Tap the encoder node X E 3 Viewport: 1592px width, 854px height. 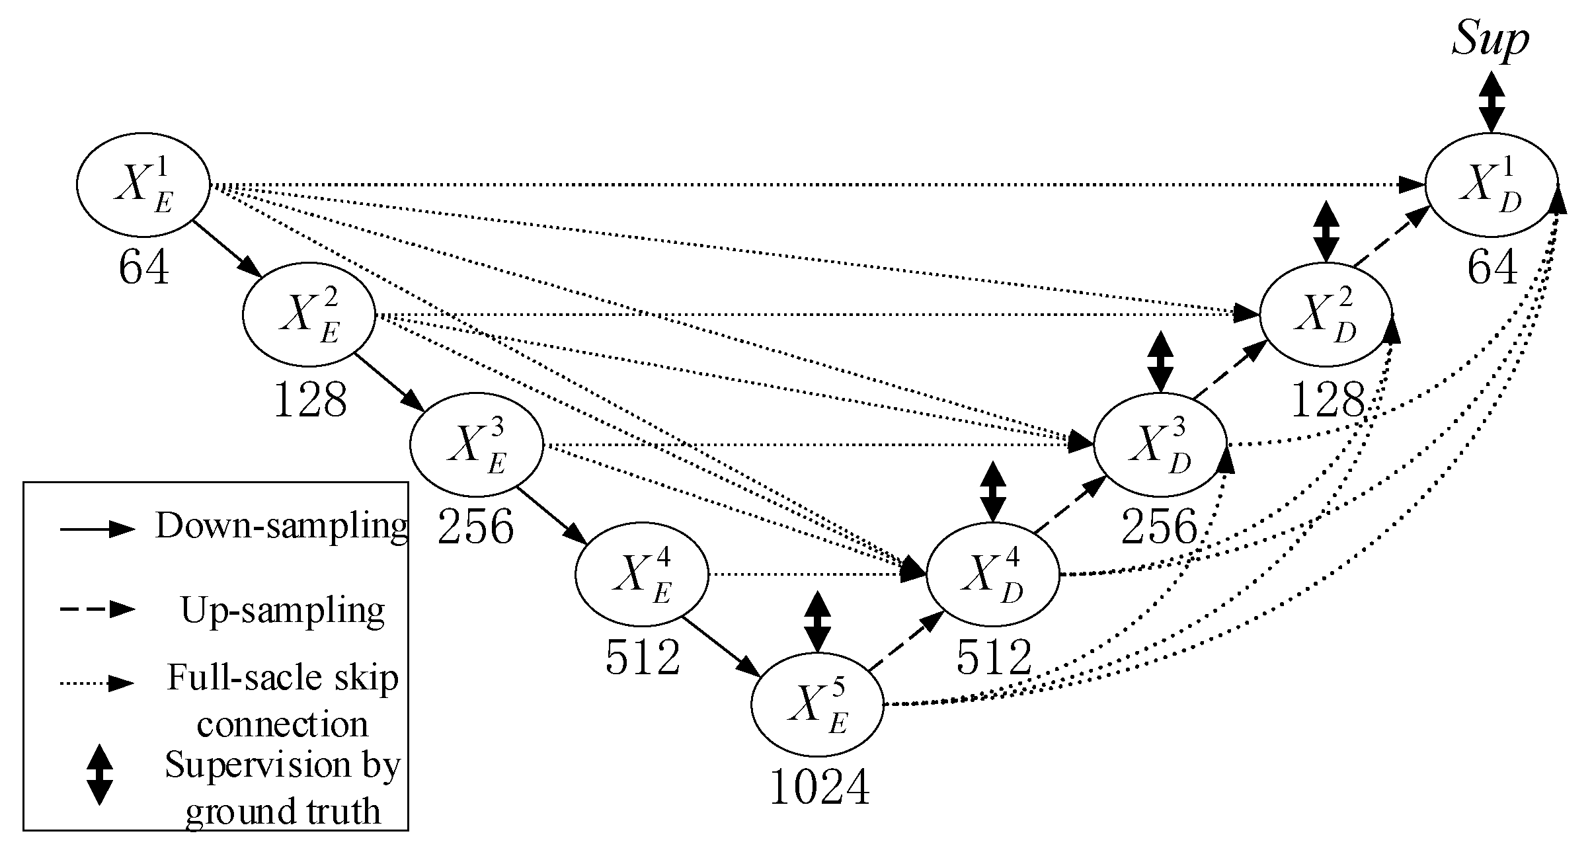pos(476,444)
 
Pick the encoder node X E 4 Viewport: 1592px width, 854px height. pos(641,574)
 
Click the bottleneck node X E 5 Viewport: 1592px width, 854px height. pos(818,705)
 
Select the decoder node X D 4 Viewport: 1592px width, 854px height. pos(992,574)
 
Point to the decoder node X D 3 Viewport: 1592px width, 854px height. pos(1160,444)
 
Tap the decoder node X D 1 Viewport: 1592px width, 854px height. pos(1491,185)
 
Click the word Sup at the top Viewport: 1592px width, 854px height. pos(1490,41)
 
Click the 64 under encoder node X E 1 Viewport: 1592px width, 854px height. pos(144,268)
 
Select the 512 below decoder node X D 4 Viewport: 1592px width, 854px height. pos(994,658)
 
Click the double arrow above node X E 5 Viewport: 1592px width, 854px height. pos(818,622)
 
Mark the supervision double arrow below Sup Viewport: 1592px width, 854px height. pos(1491,101)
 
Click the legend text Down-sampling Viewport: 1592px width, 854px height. pos(282,527)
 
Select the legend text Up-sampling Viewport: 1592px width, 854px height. pos(283,609)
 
